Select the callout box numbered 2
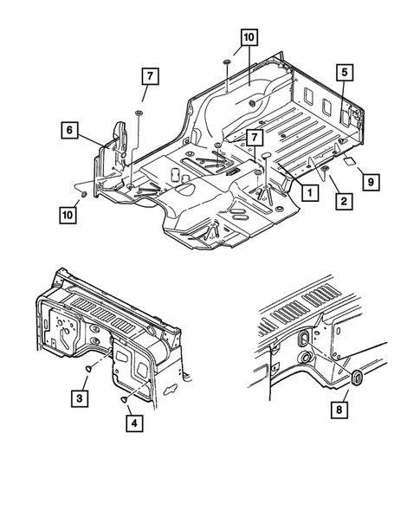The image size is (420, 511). pyautogui.click(x=343, y=202)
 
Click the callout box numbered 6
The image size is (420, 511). pyautogui.click(x=69, y=132)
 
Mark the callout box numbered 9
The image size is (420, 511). pyautogui.click(x=370, y=182)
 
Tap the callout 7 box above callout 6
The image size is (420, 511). pyautogui.click(x=148, y=77)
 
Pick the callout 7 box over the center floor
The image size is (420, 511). pyautogui.click(x=254, y=138)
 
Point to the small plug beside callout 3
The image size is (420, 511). pyautogui.click(x=88, y=368)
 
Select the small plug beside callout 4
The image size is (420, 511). pyautogui.click(x=125, y=398)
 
